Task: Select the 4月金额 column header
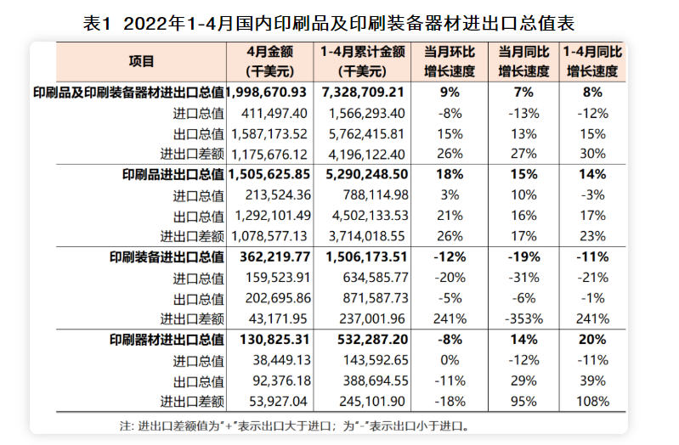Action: pos(269,62)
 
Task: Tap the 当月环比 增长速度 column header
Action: pos(448,62)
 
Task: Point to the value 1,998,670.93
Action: pos(269,92)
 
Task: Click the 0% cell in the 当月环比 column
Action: pos(448,360)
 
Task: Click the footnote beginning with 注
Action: pos(294,425)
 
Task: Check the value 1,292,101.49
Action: pos(272,216)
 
